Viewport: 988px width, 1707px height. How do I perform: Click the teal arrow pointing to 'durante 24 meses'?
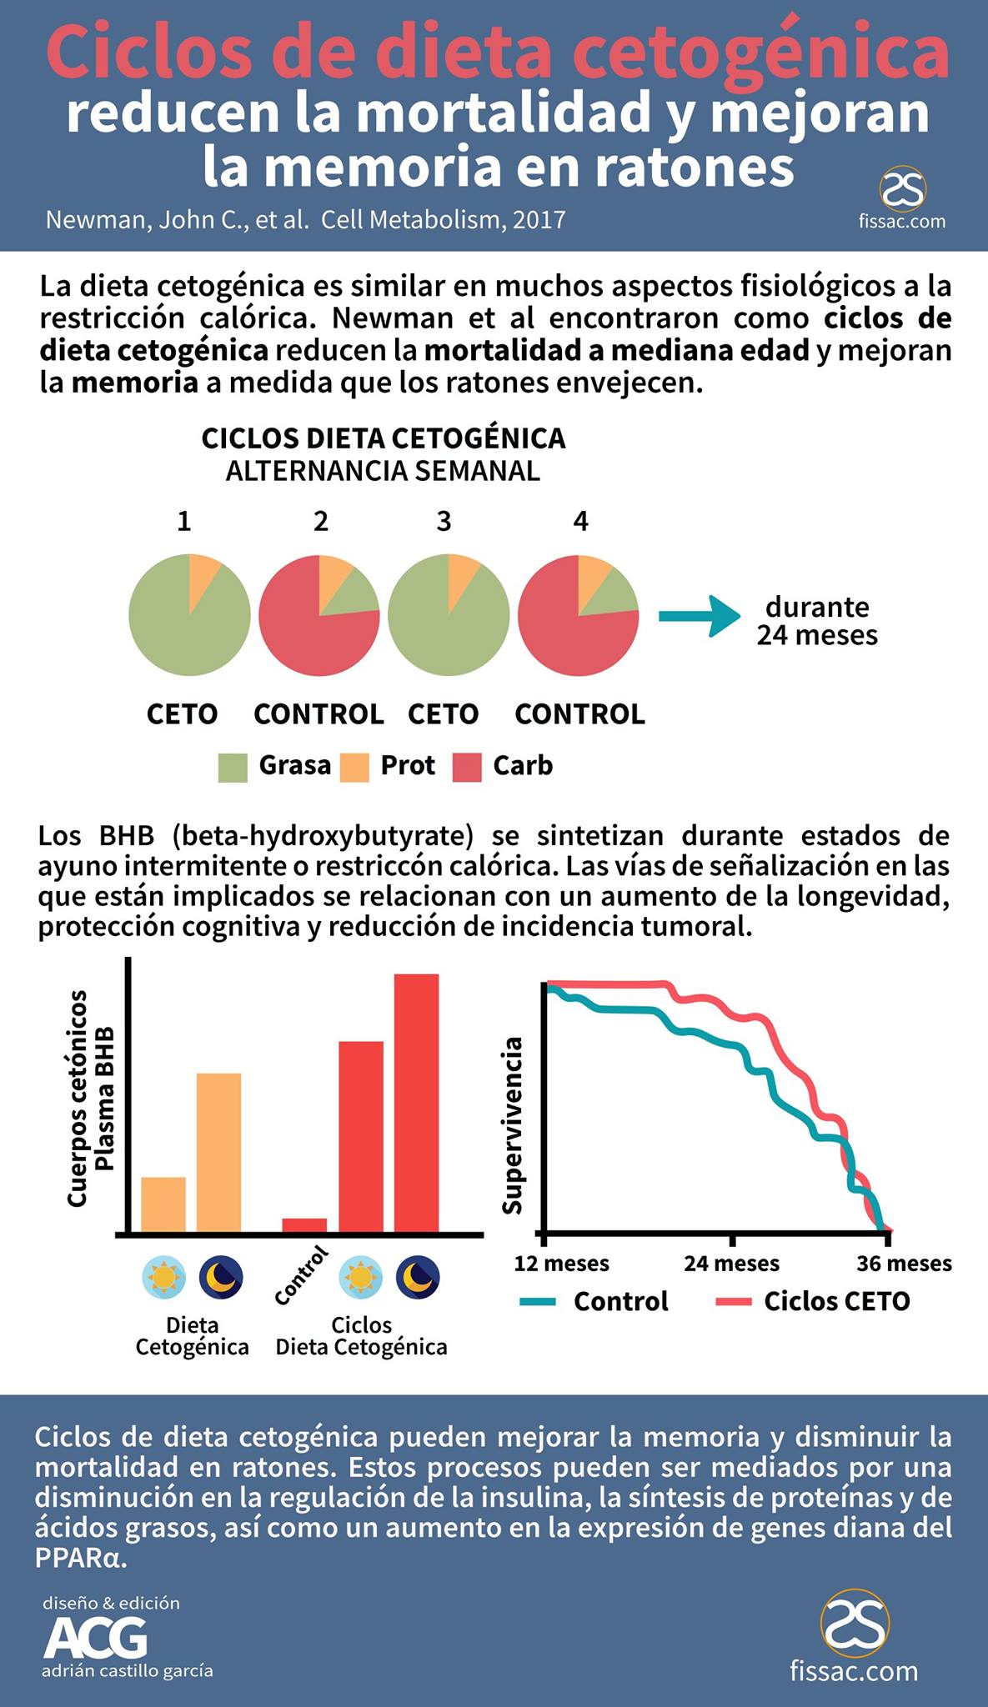click(699, 616)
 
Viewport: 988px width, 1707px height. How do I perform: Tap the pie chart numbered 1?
click(189, 615)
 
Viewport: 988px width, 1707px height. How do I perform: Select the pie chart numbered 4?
click(579, 615)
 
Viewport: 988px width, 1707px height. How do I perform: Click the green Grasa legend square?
click(233, 767)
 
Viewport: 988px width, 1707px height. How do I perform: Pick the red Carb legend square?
click(467, 767)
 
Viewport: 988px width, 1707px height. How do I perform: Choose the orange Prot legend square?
click(354, 767)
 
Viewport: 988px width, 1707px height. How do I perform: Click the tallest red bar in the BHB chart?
click(416, 1103)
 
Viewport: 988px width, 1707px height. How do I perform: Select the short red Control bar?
click(304, 1225)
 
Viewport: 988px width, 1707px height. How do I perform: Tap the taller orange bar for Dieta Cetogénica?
click(218, 1153)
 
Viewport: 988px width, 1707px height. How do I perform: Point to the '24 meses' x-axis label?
click(731, 1264)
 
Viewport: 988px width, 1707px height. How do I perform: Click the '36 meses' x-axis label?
click(904, 1264)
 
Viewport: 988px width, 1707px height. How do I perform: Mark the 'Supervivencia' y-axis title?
click(513, 1125)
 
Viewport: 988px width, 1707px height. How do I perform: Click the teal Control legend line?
click(538, 1301)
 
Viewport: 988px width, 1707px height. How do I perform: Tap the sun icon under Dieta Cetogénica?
click(163, 1277)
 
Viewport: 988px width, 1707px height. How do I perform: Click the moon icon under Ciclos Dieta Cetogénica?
click(418, 1277)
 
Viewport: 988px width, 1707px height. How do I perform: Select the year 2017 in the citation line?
click(539, 219)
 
